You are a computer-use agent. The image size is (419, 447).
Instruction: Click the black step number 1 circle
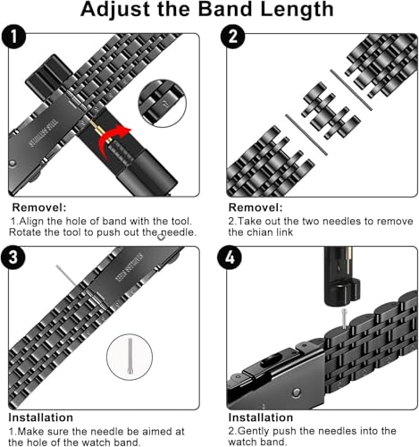[13, 37]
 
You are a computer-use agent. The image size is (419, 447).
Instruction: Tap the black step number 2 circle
[232, 37]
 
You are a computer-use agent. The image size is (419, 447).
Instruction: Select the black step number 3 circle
[13, 257]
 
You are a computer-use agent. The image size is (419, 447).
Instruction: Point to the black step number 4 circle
[230, 257]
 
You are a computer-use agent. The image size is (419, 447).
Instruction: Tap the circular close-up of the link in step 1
[163, 104]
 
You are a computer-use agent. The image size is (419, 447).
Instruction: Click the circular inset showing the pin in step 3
[130, 357]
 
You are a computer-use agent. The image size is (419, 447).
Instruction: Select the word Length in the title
[297, 9]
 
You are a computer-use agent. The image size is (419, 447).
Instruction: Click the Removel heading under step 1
[39, 207]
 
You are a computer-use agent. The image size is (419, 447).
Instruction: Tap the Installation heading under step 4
[261, 417]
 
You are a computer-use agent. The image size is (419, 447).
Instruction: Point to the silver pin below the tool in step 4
[345, 319]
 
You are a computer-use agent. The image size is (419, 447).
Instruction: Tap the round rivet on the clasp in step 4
[296, 392]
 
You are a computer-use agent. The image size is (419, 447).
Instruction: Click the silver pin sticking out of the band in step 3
[66, 275]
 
